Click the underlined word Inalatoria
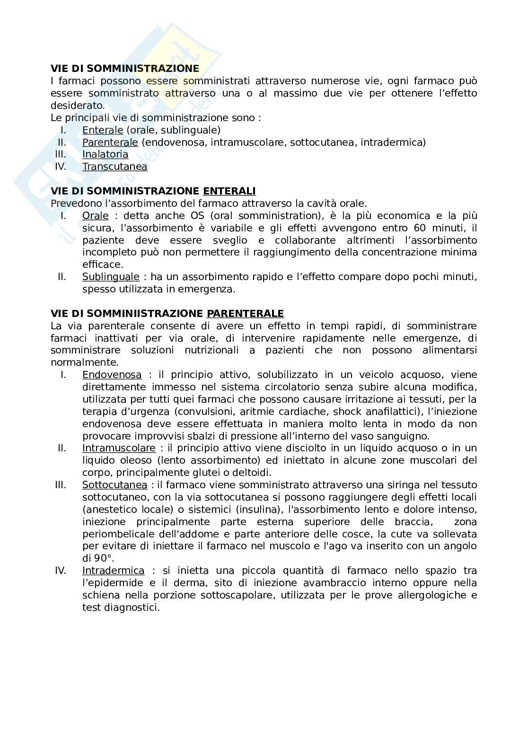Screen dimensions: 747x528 click(x=105, y=154)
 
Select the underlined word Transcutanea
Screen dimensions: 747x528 click(x=114, y=167)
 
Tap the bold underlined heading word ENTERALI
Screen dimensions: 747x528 click(x=229, y=191)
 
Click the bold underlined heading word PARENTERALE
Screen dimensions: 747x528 click(x=245, y=314)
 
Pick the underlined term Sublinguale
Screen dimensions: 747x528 click(x=111, y=277)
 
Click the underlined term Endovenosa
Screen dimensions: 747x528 click(x=112, y=375)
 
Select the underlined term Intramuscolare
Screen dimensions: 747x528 click(x=119, y=448)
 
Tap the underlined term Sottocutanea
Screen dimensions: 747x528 click(x=114, y=485)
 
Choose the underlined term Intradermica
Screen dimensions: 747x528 click(x=113, y=571)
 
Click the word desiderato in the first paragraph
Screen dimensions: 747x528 click(x=77, y=105)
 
